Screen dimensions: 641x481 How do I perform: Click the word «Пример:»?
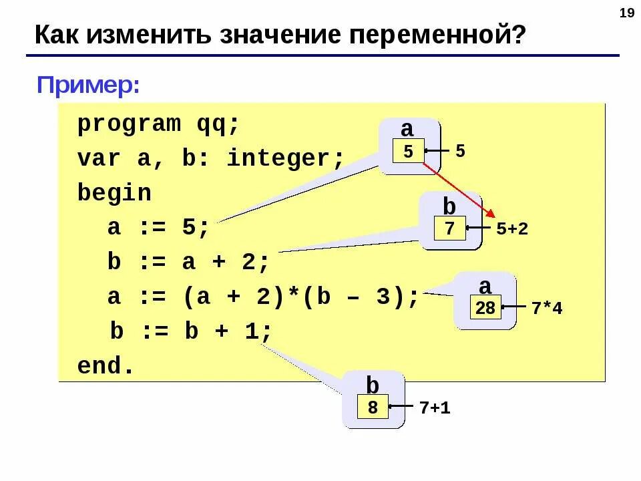[88, 85]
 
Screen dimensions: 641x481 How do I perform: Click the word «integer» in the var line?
[284, 159]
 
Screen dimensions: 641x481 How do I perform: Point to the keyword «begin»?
[114, 194]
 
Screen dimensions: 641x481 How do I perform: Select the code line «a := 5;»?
[159, 228]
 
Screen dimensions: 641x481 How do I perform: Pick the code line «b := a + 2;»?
[189, 263]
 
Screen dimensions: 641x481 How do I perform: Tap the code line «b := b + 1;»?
[192, 332]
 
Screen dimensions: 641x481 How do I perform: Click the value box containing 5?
[408, 152]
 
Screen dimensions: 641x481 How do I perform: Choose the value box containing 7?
[449, 229]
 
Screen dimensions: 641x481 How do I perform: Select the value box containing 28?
[486, 308]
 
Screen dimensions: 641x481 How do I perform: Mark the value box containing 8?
[373, 407]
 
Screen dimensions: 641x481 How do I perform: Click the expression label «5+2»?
[512, 229]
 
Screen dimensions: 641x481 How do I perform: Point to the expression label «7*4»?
[547, 309]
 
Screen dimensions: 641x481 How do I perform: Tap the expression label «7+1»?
[435, 408]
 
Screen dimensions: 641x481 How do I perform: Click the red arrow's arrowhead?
[489, 213]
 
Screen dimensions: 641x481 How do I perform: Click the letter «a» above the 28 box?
[485, 287]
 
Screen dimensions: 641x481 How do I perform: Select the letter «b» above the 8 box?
[373, 385]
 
